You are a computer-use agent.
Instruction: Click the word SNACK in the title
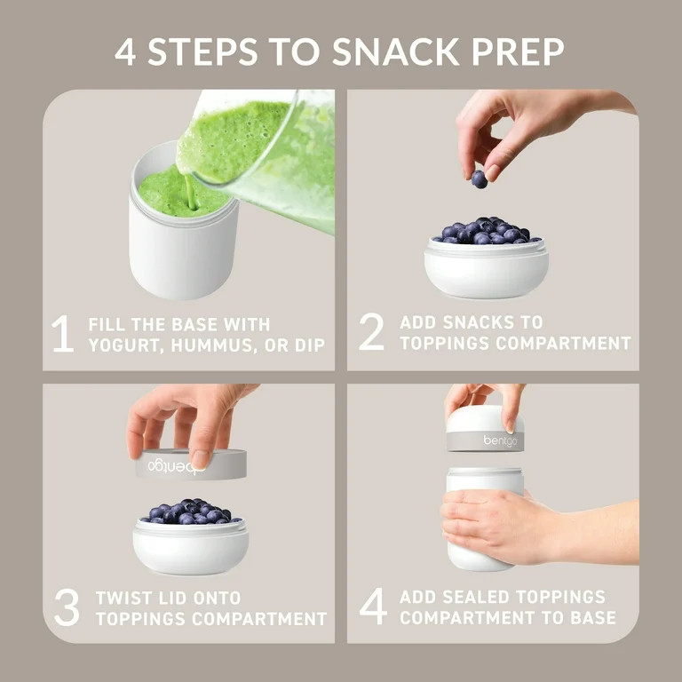[395, 52]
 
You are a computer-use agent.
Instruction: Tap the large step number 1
[62, 334]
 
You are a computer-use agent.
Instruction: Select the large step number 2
[371, 332]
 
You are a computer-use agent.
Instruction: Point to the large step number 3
[67, 607]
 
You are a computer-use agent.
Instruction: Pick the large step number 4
[373, 607]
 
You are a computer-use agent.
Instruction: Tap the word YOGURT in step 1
[126, 345]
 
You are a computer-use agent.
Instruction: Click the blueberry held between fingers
[479, 179]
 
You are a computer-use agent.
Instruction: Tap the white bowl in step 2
[487, 269]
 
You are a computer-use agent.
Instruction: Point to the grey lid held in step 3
[192, 464]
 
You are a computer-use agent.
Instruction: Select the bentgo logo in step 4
[500, 441]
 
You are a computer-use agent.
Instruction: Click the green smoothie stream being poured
[190, 192]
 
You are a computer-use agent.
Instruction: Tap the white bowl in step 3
[191, 547]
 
